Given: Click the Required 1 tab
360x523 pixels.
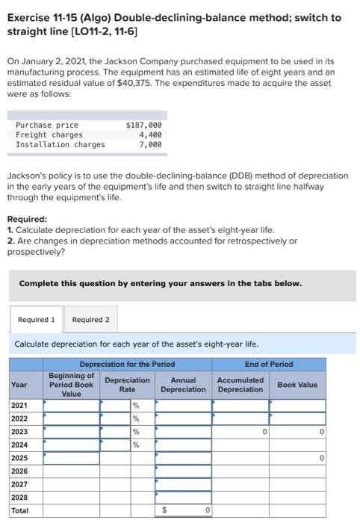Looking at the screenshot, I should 37,320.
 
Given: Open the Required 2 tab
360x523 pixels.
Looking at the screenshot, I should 91,320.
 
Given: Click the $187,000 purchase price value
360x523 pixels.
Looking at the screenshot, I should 145,125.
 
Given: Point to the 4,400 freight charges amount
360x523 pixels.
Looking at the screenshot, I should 150,134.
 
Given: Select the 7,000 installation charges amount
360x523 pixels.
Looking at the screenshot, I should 150,144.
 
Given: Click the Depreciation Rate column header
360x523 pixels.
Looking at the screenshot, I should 127,385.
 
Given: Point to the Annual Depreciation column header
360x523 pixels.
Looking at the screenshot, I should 183,385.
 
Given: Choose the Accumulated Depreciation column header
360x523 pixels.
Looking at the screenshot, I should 239,385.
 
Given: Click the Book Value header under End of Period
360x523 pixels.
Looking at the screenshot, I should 297,385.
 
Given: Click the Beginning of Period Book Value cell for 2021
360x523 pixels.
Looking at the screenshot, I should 72,406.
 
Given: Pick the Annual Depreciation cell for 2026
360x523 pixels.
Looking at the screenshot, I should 183,471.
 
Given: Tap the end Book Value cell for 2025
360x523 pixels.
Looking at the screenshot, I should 298,457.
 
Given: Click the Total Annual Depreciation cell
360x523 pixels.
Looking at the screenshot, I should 183,510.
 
